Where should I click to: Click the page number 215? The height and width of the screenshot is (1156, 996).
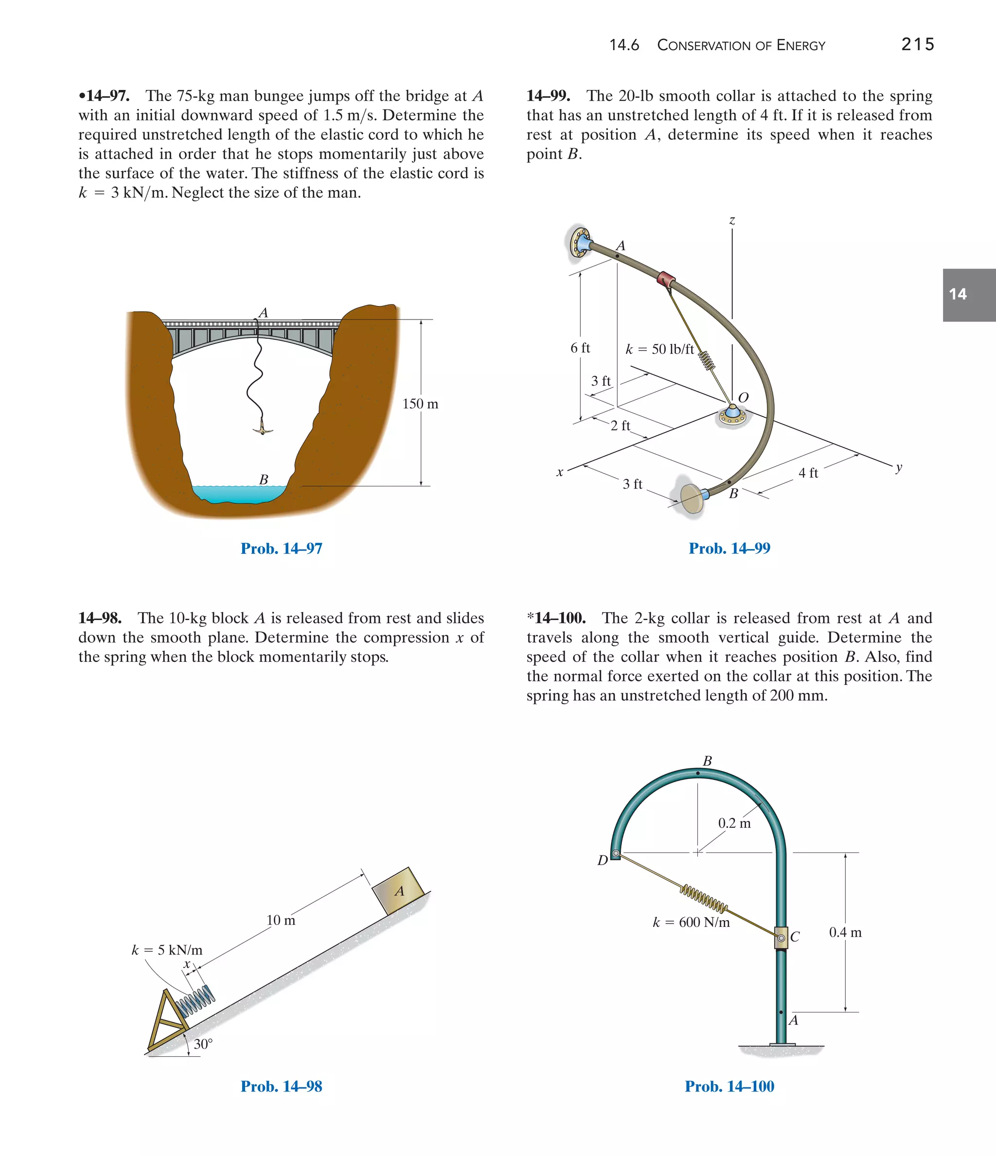click(917, 44)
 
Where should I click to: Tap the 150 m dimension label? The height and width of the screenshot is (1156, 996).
click(420, 404)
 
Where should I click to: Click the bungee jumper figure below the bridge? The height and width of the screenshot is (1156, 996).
click(263, 429)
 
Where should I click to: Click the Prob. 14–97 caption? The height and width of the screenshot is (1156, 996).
click(281, 549)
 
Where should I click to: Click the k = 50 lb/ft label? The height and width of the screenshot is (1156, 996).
click(659, 349)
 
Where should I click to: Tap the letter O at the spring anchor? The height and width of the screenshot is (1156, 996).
click(743, 397)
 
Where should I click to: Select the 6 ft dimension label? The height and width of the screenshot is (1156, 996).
click(580, 348)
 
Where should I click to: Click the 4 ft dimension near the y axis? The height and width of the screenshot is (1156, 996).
click(807, 473)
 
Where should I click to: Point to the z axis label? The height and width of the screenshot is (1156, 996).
click(732, 220)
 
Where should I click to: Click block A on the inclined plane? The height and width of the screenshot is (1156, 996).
click(398, 891)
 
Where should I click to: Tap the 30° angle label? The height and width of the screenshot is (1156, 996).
click(203, 1044)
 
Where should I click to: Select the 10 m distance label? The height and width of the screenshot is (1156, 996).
click(281, 920)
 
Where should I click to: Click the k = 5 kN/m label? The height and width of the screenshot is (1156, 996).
click(167, 950)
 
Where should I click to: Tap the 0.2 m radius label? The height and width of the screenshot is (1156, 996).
click(734, 823)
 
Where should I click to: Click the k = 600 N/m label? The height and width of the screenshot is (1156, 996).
click(691, 922)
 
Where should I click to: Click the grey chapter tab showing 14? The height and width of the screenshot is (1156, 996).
click(969, 295)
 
